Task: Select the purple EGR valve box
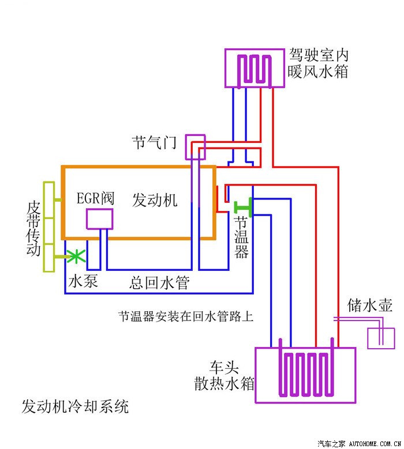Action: click(x=99, y=219)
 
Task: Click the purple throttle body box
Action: click(x=195, y=147)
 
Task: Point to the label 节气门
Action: click(x=154, y=142)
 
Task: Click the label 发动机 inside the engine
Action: click(x=155, y=200)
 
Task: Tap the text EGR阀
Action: click(x=96, y=199)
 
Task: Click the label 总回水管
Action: click(x=159, y=282)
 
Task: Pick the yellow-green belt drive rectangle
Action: click(x=49, y=227)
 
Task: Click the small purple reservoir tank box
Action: click(x=381, y=337)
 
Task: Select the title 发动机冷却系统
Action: click(x=75, y=406)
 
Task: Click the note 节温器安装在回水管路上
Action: click(x=186, y=316)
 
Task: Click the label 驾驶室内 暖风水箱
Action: click(x=319, y=64)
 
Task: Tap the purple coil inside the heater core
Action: click(x=254, y=69)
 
